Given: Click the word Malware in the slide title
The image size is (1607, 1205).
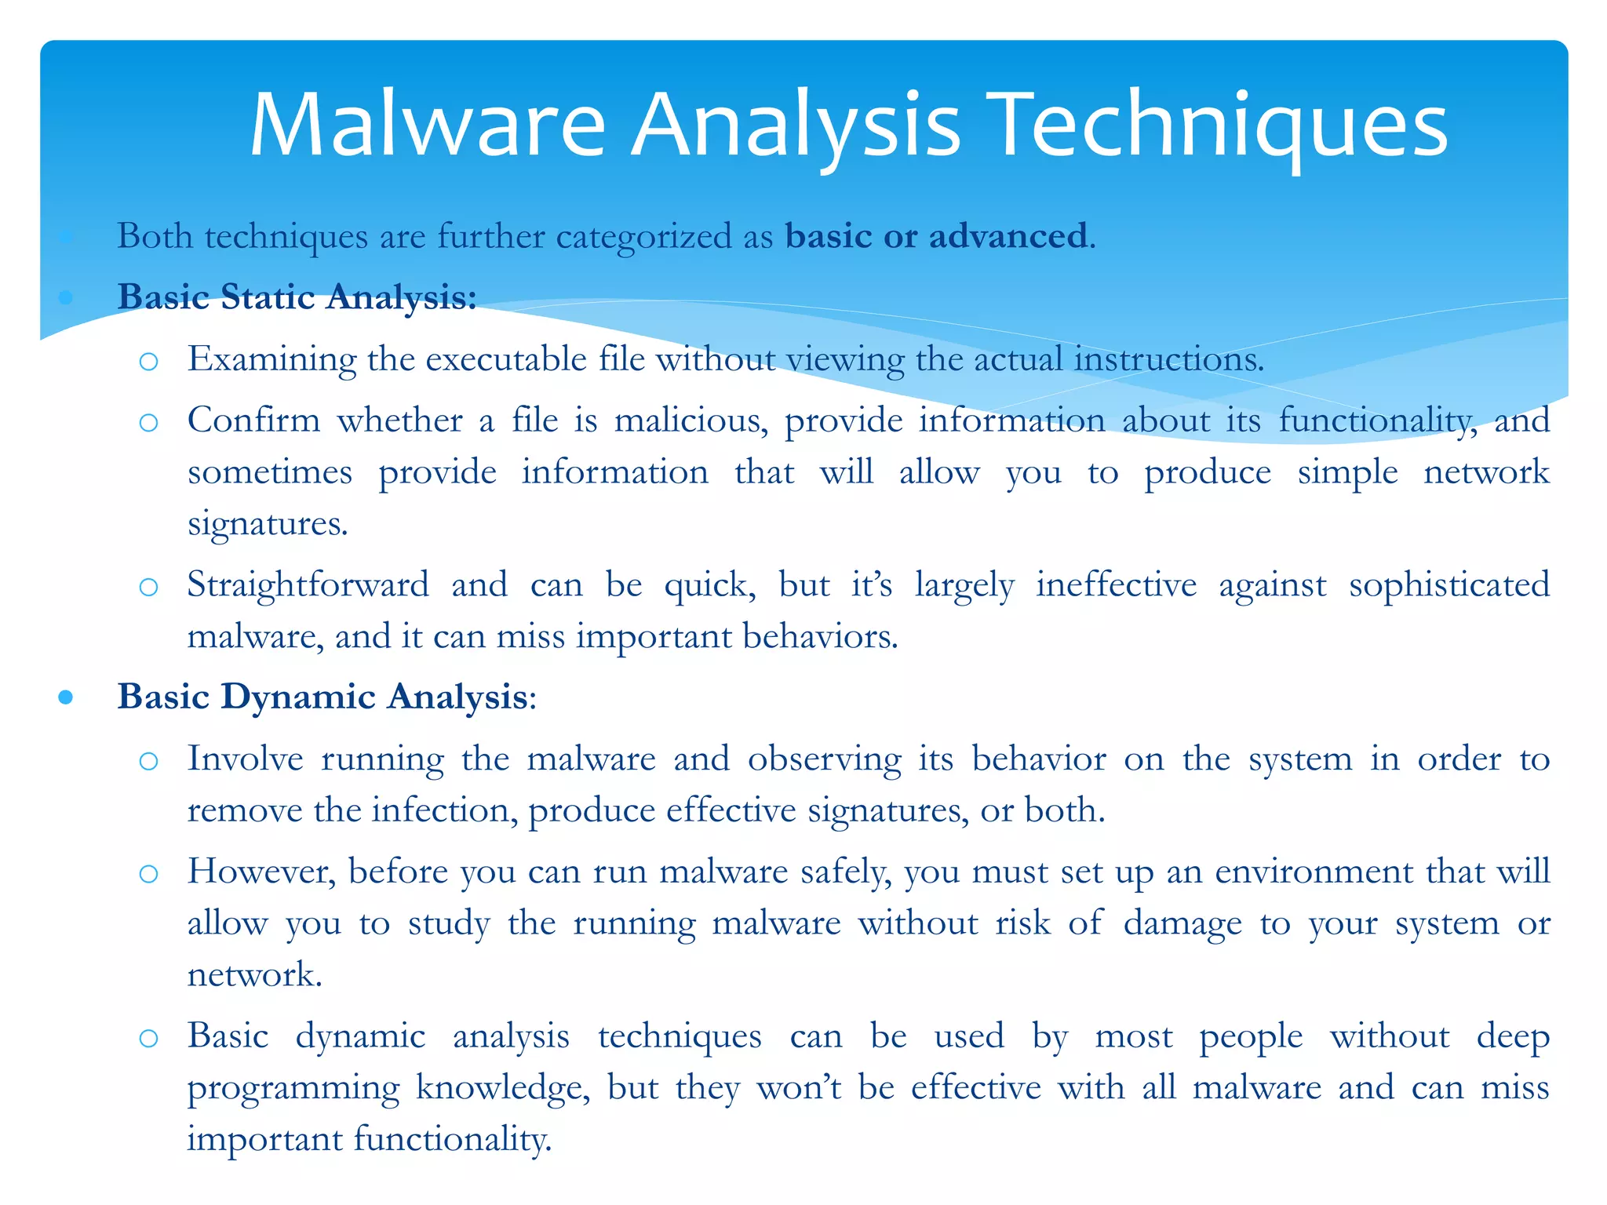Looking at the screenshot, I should pos(428,126).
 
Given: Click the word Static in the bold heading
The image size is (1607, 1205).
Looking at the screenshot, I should pos(268,297).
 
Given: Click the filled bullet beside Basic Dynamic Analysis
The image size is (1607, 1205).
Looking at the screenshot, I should pos(66,697).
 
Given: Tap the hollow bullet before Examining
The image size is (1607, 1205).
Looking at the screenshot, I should pos(148,361).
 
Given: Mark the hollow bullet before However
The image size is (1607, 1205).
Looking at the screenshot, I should pos(148,873).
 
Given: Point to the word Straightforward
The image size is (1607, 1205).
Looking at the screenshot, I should pos(308,585).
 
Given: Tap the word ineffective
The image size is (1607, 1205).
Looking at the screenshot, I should pos(1116,585).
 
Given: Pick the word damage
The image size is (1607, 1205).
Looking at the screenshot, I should pos(1182,923).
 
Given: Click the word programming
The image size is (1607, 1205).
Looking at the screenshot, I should pos(293,1089).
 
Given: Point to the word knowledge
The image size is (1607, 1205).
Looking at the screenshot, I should pos(503,1089).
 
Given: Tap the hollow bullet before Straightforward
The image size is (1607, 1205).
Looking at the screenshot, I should pos(148,587).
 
